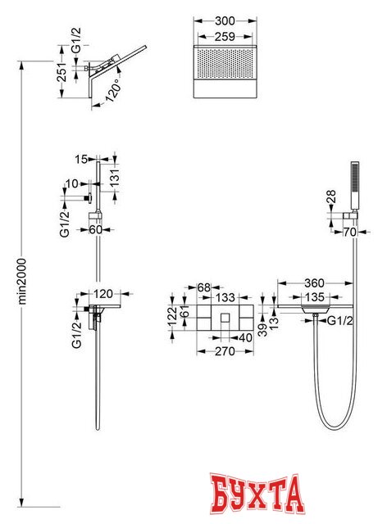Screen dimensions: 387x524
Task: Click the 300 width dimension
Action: [225, 20]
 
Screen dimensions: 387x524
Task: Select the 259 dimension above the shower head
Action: [225, 36]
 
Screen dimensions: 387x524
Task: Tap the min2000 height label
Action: [22, 281]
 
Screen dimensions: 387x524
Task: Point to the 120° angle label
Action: [113, 90]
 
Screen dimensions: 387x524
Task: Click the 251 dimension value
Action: [62, 72]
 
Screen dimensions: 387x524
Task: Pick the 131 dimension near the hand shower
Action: [114, 178]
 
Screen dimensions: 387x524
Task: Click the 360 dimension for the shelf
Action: [314, 283]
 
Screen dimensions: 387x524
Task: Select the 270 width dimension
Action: [225, 351]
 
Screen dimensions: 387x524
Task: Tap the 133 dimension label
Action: [225, 297]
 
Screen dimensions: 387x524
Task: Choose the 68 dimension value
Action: [204, 287]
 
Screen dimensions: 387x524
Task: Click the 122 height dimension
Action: [172, 316]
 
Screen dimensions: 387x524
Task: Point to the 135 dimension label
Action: [315, 296]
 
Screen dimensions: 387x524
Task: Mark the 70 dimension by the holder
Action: [350, 232]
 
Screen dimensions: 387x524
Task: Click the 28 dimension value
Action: [330, 196]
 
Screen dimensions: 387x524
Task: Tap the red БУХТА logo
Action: [257, 493]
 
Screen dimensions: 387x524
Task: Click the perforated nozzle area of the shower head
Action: [225, 64]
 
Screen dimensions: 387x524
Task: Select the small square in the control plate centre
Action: [225, 317]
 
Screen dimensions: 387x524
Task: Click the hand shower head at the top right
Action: [354, 187]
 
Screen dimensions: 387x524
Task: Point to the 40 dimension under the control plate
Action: [246, 337]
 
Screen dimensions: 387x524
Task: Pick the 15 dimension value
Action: [81, 159]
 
